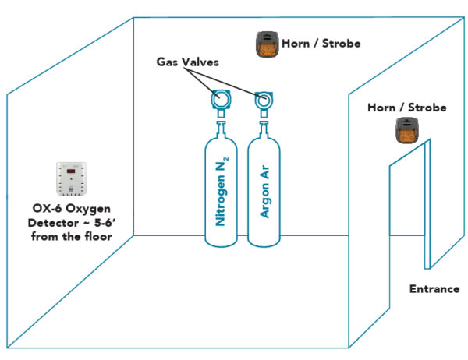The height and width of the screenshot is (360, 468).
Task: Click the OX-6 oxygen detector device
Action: tap(70, 178)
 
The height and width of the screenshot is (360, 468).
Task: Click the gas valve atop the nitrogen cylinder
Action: tap(221, 99)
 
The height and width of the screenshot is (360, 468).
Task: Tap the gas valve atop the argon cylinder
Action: tap(264, 99)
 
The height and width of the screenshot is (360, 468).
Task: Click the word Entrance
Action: tap(434, 289)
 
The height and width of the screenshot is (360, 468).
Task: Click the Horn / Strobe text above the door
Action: tap(406, 108)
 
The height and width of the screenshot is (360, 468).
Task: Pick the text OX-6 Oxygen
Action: tap(69, 207)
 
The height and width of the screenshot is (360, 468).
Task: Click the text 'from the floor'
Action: tap(69, 235)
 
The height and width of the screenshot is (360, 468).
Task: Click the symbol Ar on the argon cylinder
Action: tap(264, 170)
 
